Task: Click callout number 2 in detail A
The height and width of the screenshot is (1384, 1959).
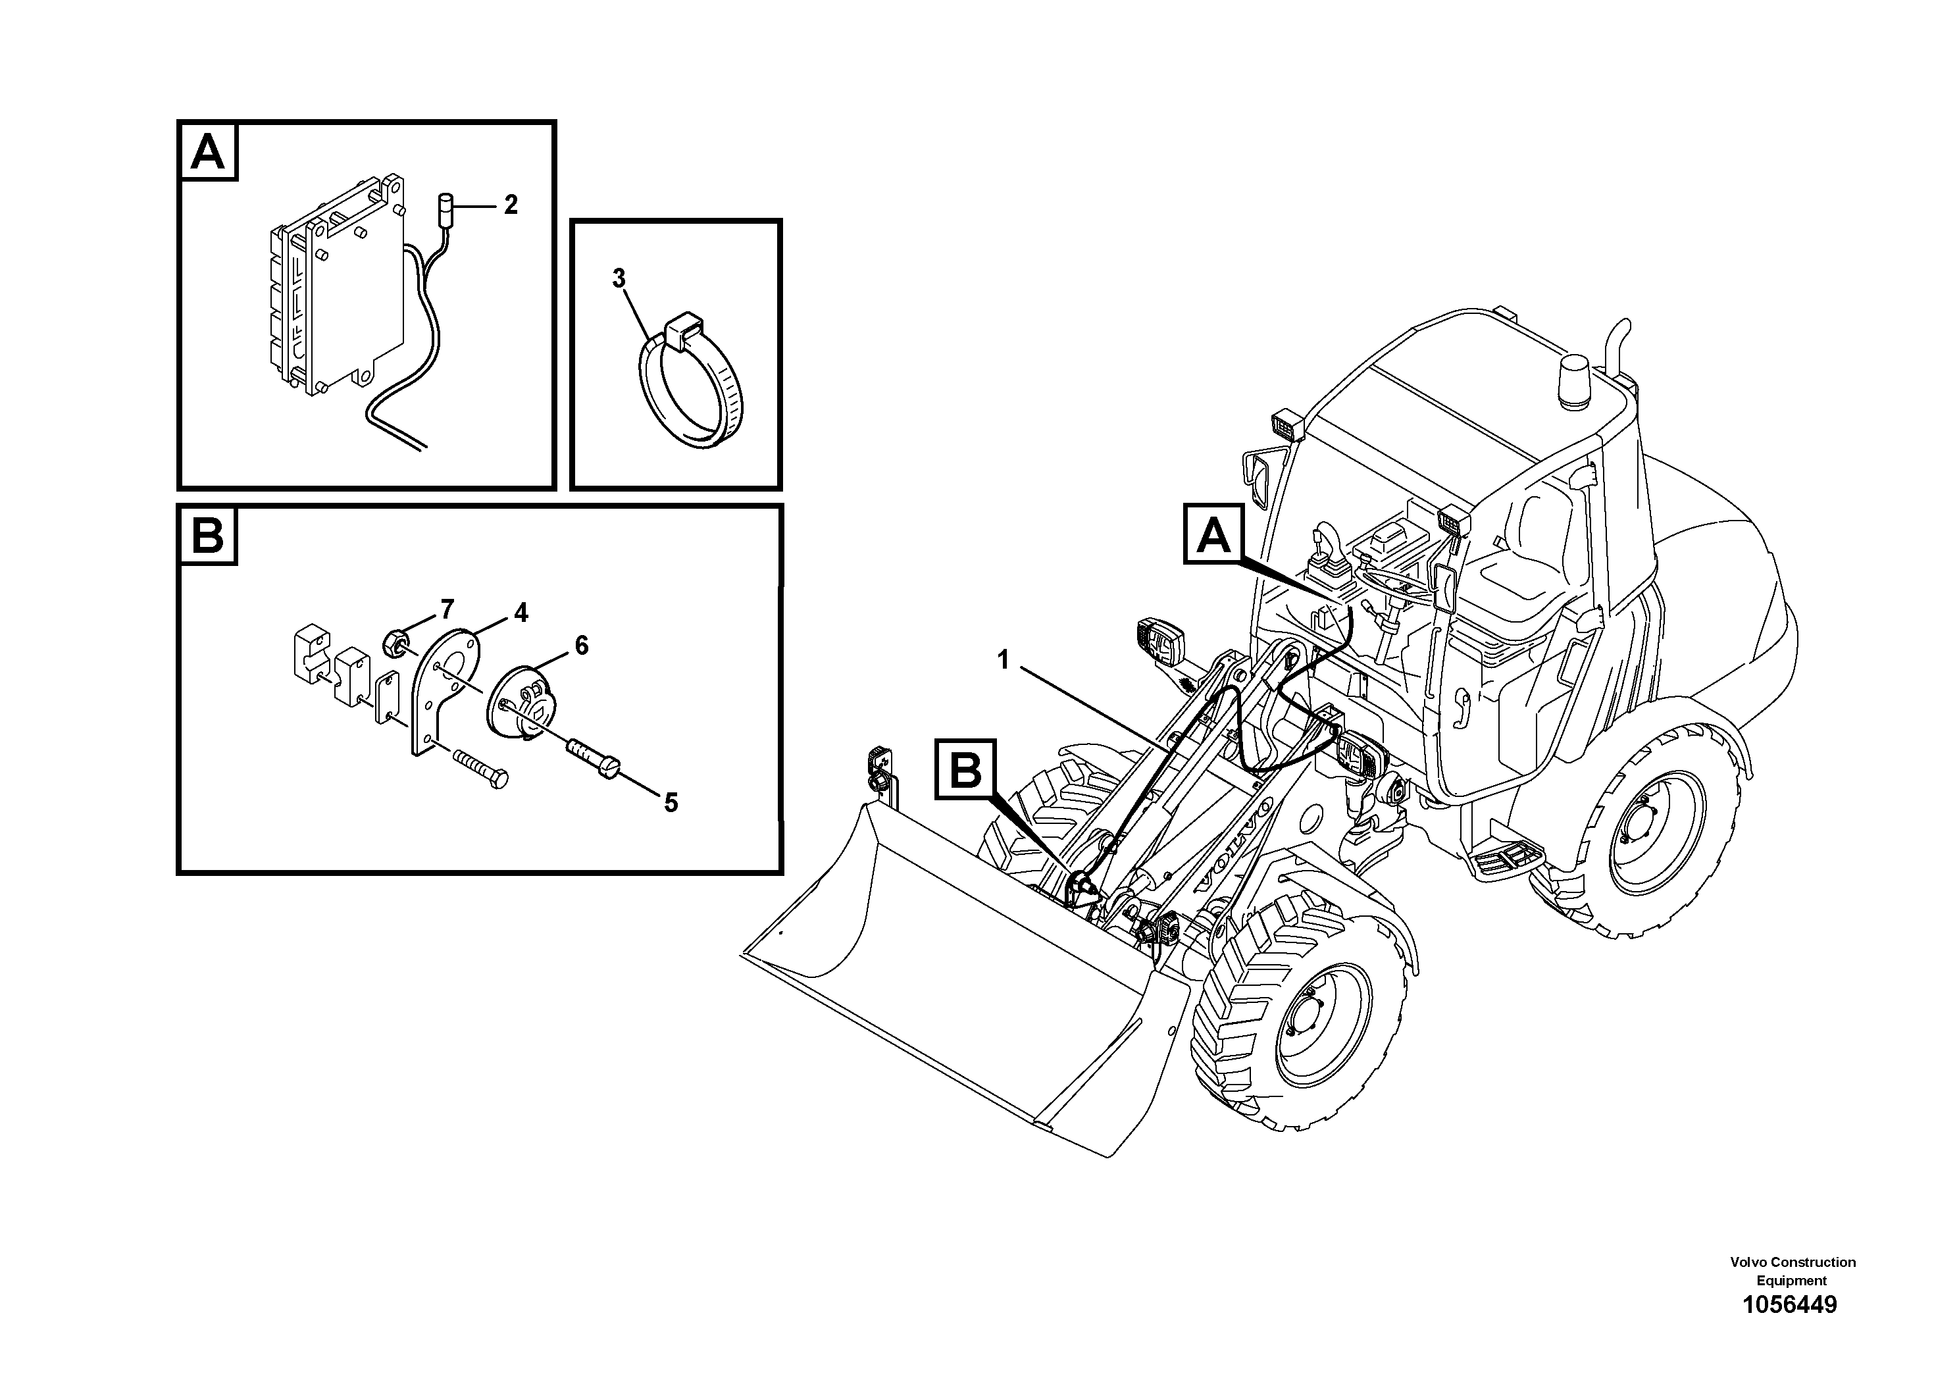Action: tap(510, 205)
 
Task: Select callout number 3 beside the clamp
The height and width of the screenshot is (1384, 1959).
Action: tap(619, 278)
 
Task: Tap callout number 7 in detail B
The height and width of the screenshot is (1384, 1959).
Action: tap(447, 609)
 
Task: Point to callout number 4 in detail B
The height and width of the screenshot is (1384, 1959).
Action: tap(521, 612)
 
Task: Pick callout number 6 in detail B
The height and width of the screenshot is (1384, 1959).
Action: tap(581, 645)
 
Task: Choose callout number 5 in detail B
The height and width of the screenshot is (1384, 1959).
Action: tap(671, 802)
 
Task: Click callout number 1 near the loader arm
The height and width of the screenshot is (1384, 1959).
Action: tap(1004, 659)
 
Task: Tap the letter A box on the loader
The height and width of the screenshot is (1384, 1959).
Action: tap(1214, 534)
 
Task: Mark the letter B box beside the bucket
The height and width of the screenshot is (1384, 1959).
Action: tap(965, 769)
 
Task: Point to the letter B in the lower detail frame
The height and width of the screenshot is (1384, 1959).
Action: tap(208, 535)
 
